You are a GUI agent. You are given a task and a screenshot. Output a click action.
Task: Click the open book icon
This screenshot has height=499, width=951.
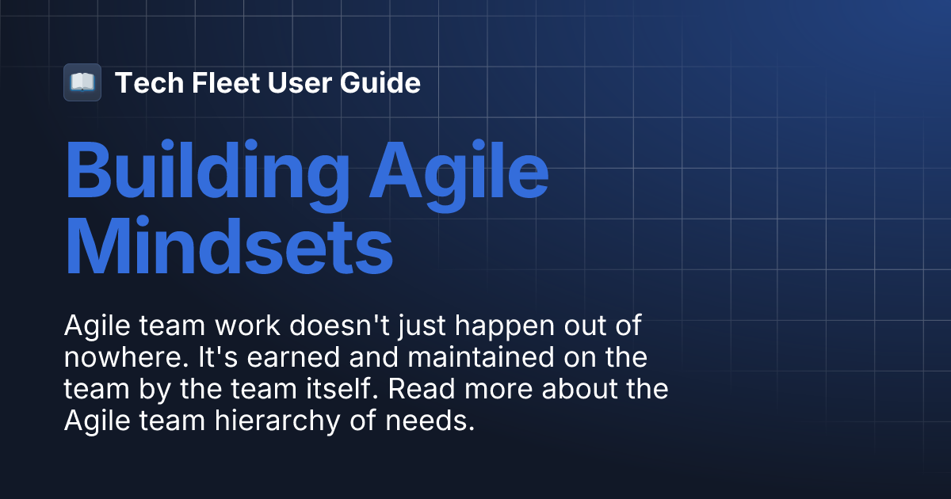pyautogui.click(x=82, y=82)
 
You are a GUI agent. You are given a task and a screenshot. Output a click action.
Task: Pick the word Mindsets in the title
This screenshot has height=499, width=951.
pyautogui.click(x=228, y=247)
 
